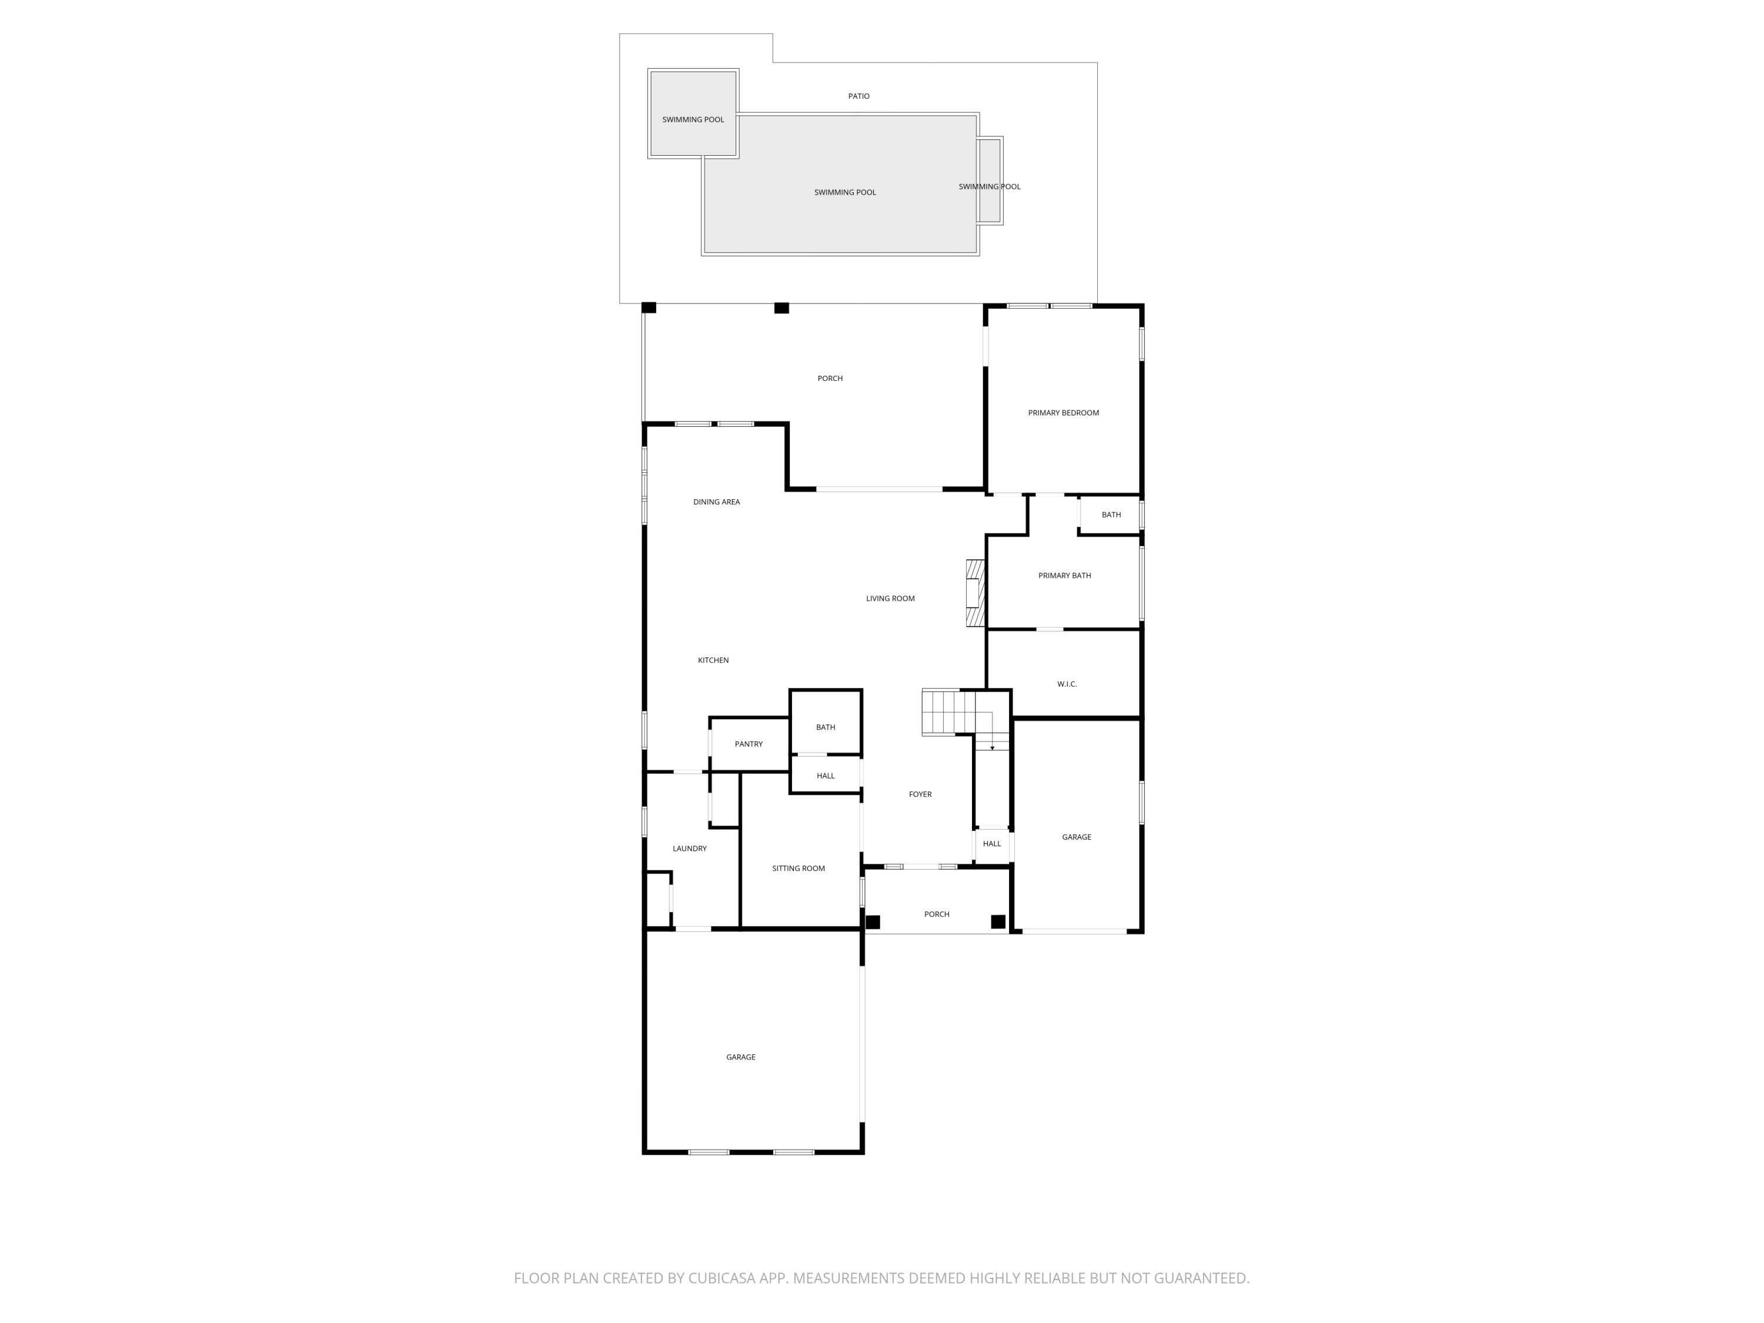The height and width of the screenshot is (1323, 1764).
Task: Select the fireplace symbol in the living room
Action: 974,593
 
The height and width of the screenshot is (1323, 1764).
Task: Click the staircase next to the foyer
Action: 949,712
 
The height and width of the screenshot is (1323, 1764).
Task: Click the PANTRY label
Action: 748,744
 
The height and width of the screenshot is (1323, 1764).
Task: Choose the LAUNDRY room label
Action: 689,848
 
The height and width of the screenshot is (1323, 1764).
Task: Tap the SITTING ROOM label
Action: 797,868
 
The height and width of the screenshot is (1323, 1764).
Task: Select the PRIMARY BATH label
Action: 1064,576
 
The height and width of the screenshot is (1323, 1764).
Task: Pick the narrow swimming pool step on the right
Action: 990,181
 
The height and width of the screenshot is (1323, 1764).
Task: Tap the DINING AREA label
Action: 716,502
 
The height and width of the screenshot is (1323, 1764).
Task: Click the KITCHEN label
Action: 713,660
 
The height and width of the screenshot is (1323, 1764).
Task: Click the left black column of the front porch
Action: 873,922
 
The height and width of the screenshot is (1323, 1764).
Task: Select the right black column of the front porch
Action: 998,922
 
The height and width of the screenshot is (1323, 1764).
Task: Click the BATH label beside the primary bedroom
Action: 1111,515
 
